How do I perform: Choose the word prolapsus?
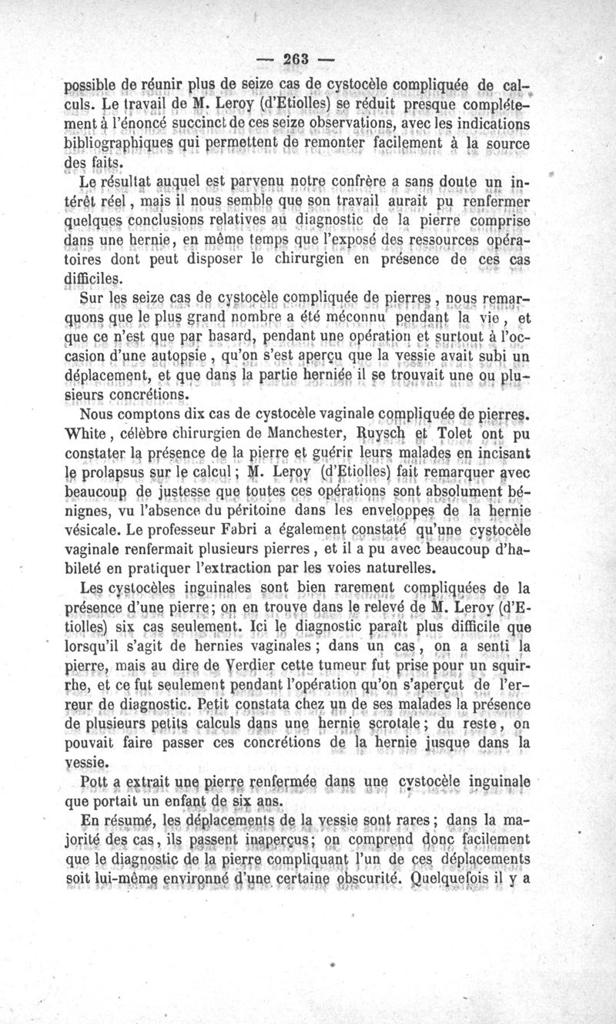click(x=132, y=471)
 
